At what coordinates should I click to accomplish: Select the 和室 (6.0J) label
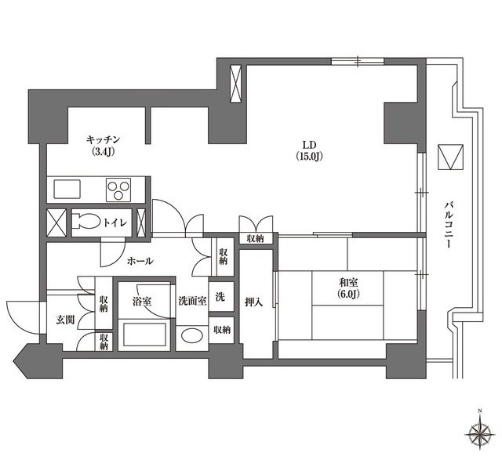[349, 288]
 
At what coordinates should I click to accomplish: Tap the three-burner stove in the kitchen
[118, 190]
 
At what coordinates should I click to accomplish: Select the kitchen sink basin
[67, 190]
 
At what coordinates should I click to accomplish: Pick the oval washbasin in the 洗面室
[191, 335]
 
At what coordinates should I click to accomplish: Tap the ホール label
[140, 261]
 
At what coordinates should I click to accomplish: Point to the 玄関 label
[66, 320]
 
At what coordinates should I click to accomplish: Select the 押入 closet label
[254, 302]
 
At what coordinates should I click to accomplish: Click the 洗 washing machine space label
[220, 297]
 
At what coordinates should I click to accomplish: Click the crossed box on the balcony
[451, 157]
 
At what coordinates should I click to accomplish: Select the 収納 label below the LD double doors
[255, 238]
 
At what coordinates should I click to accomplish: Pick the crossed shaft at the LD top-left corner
[236, 84]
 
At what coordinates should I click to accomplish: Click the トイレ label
[115, 222]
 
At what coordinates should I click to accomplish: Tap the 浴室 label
[142, 302]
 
